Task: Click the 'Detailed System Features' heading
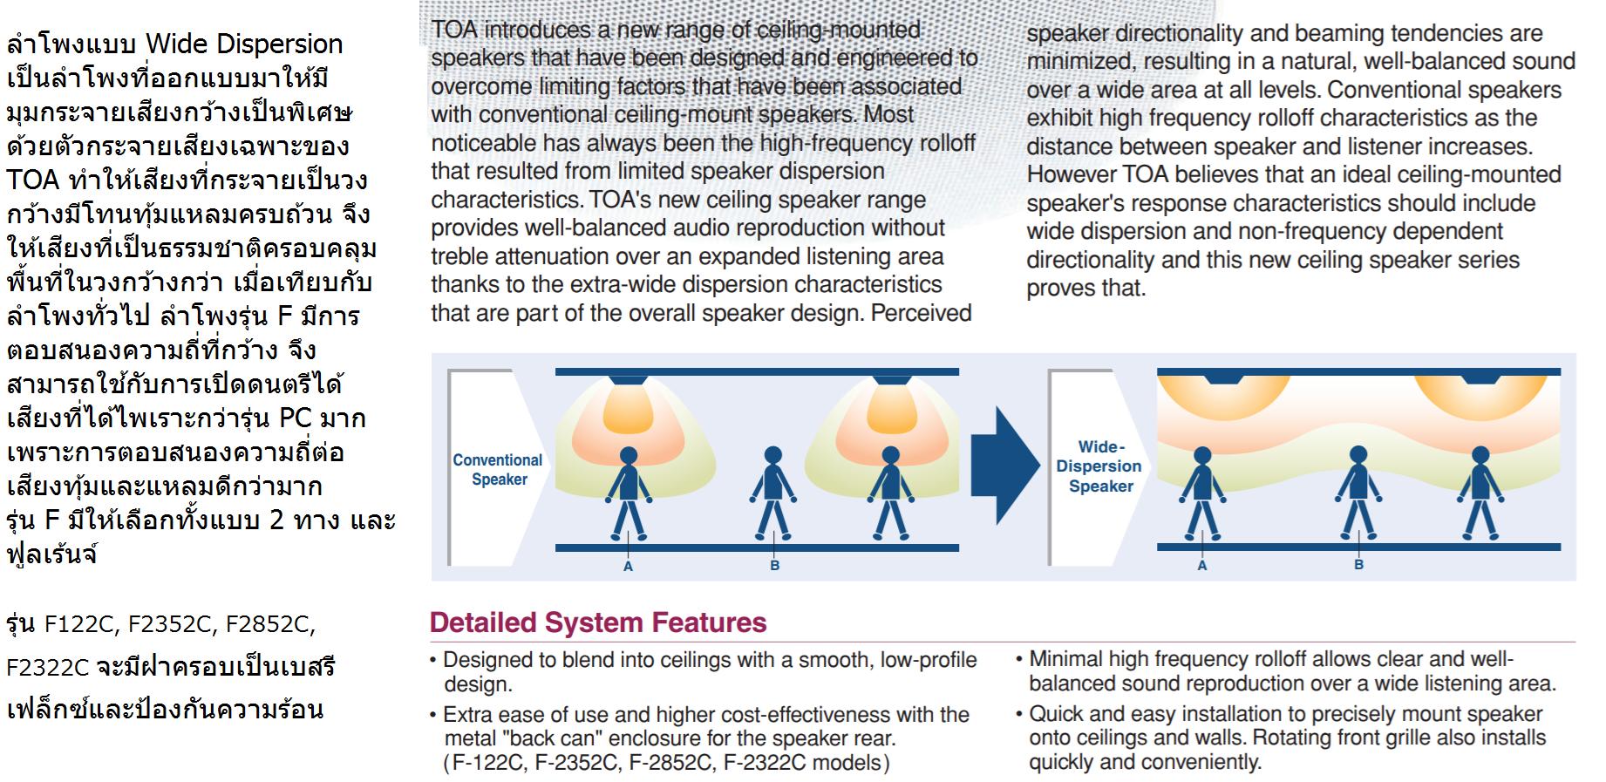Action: click(598, 622)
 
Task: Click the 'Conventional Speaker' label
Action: click(498, 469)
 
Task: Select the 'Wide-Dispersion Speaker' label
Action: click(1099, 466)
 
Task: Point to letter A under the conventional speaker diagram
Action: click(628, 567)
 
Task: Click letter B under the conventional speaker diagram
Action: click(774, 567)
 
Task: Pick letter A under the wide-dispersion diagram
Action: click(1201, 566)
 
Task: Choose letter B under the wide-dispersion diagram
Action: click(1358, 566)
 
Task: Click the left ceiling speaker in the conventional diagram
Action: click(627, 380)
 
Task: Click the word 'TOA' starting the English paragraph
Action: click(454, 31)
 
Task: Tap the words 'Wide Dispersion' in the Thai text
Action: click(244, 44)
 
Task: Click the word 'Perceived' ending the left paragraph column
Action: click(921, 313)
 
